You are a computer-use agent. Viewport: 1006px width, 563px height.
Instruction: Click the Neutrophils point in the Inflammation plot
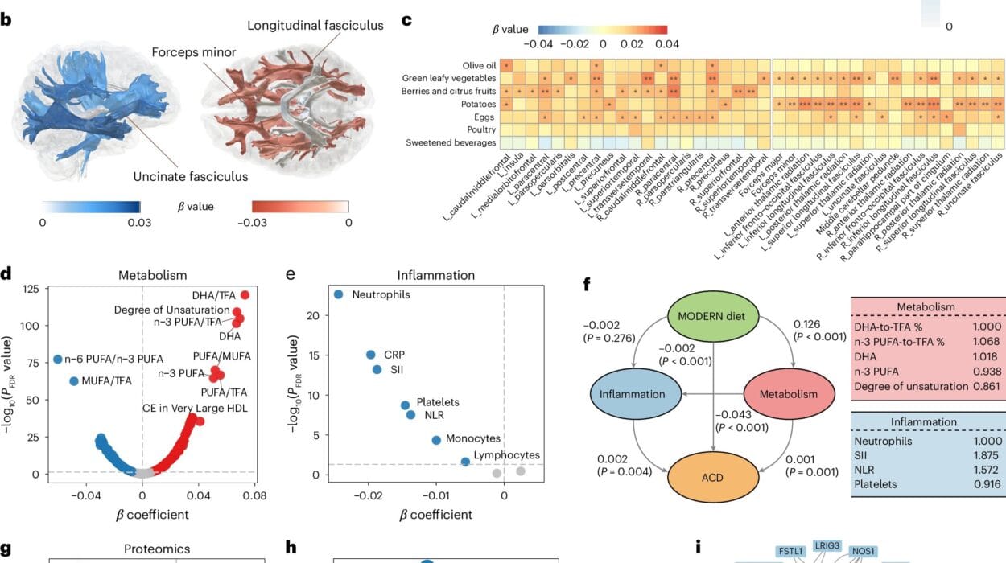(x=339, y=294)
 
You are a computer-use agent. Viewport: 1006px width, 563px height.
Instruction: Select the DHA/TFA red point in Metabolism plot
(x=245, y=295)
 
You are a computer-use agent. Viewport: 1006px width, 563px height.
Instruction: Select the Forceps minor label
(x=194, y=53)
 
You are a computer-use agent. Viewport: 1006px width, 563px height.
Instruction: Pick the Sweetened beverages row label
(x=450, y=142)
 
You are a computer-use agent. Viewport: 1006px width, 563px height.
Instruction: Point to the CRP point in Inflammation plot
(x=370, y=355)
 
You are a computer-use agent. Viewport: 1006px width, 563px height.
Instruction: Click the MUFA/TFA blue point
(x=74, y=380)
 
